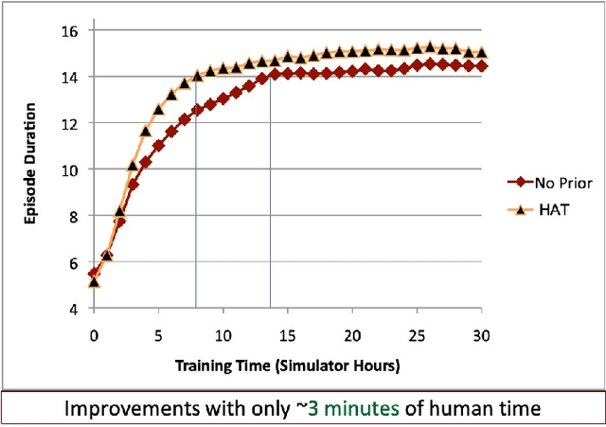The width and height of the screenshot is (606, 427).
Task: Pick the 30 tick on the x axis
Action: pos(482,336)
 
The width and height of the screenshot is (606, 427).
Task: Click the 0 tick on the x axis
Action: pos(94,336)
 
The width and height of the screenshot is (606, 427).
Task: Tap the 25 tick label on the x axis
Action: pos(418,336)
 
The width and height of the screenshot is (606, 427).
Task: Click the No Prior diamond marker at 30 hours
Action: pos(482,66)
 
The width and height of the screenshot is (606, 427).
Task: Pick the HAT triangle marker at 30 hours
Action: pos(482,53)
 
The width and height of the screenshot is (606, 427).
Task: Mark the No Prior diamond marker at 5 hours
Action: pos(158,146)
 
